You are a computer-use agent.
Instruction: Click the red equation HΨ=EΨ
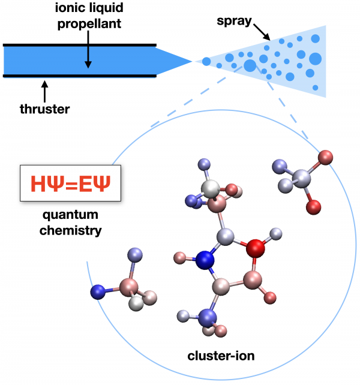pos(71,183)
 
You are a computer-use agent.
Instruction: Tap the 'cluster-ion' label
pos(223,356)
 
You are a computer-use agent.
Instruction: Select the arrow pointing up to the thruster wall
pos(43,90)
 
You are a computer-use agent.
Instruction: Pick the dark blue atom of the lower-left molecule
pos(97,292)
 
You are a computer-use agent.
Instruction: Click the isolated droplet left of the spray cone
pos(206,61)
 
